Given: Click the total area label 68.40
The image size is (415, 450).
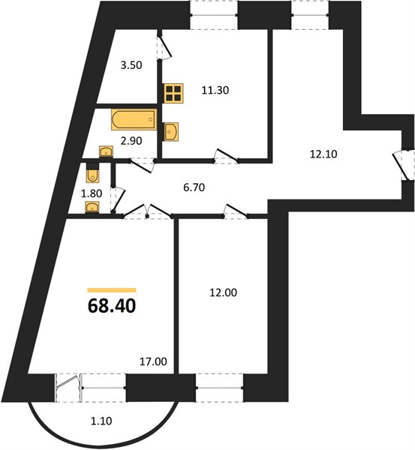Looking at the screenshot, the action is coord(112,306).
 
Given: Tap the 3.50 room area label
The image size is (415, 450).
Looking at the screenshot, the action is coord(131,65).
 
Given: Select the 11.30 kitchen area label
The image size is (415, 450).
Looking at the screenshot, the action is coord(215,91).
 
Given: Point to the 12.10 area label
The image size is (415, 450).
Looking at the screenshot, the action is coord(323,154).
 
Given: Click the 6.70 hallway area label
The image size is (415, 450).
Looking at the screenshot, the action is coord(194,187).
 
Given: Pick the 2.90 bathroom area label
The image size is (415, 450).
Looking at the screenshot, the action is coord(131,141).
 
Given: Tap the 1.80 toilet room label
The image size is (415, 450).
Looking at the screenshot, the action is coord(92,193).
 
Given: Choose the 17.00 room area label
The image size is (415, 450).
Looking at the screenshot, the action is coord(153,361).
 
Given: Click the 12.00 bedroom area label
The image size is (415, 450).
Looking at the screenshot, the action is coord(223,292).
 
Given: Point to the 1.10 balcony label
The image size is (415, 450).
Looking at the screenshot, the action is coord(101,421).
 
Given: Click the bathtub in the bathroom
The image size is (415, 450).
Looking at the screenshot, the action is coord(134,119).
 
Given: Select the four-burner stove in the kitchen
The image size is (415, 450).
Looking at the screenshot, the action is coord(174,93).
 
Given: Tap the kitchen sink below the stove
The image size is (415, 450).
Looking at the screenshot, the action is coord(171,132).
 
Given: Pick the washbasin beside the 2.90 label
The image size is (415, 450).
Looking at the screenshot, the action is coord(106,151).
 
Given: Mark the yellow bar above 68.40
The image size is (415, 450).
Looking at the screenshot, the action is coord(112,290).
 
